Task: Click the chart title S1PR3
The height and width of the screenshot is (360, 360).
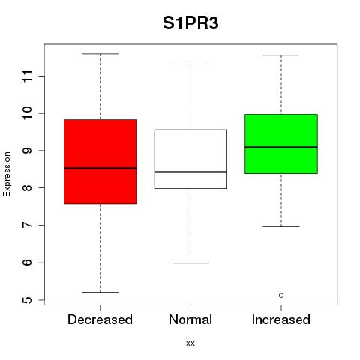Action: pos(190,23)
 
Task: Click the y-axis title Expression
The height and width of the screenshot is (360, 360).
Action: pos(7,174)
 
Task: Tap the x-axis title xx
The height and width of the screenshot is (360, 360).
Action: pos(190,343)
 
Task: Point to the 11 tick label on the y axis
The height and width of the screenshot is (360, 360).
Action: pos(28,76)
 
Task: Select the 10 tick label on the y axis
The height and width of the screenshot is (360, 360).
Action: pos(28,113)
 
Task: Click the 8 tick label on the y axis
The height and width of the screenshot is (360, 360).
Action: pos(28,187)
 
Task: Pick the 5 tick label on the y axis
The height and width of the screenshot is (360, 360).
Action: pos(28,300)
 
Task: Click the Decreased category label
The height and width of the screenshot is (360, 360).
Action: pos(100,319)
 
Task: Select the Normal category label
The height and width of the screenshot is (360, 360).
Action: pos(190,319)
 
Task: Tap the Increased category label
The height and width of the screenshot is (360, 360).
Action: pos(281,319)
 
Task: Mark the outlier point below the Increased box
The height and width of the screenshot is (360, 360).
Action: pos(281,295)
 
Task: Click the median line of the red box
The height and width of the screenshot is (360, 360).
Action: pos(100,168)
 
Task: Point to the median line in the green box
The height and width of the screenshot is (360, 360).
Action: pos(281,147)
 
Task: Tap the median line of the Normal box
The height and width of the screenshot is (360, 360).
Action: pos(190,172)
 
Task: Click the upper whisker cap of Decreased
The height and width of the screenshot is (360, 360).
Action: pos(100,54)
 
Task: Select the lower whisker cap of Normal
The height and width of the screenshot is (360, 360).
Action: pos(190,263)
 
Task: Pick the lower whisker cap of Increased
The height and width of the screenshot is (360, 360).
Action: pos(281,226)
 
